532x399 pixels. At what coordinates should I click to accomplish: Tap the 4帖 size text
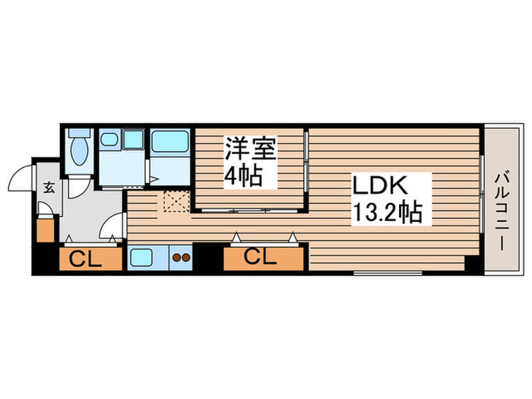pos(243,177)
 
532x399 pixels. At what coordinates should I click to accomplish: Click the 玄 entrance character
pos(48,188)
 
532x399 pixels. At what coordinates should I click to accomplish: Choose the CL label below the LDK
pos(261,258)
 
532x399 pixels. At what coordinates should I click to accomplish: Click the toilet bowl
pos(78,151)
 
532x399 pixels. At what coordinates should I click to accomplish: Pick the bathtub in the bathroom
pos(169,141)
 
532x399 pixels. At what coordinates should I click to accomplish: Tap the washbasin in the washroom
pos(109,140)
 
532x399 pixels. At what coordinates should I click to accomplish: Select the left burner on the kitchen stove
pos(177,258)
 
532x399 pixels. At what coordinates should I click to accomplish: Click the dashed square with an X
pos(176,201)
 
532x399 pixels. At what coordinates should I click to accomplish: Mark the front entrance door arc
pos(21,177)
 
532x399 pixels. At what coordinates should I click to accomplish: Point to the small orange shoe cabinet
pos(46,230)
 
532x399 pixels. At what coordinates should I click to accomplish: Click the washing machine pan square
pos(133,139)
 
